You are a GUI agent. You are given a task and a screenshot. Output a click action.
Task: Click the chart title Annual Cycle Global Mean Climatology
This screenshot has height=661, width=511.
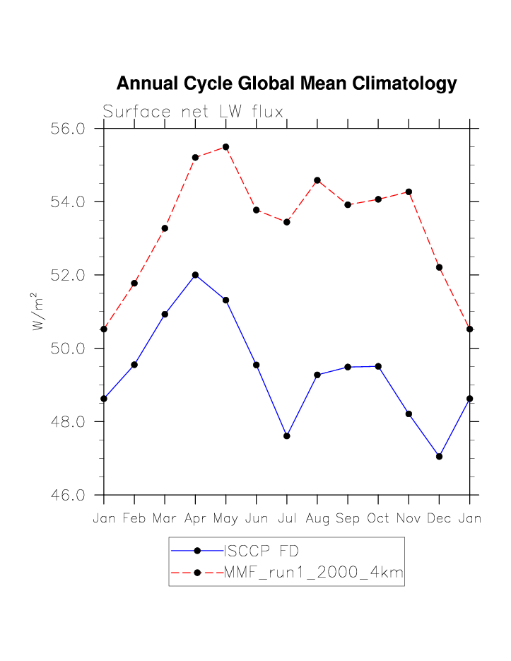click(286, 83)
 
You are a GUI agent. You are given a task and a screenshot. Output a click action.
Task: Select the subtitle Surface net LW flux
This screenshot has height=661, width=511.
click(193, 112)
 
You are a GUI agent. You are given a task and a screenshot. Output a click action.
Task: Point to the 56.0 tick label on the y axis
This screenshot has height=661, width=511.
click(69, 129)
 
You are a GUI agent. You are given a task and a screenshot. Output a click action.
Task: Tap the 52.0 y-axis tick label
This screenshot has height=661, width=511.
click(69, 275)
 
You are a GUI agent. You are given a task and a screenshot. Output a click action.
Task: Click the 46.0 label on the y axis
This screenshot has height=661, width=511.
click(69, 495)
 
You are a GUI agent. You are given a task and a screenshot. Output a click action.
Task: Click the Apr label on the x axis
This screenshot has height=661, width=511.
click(195, 519)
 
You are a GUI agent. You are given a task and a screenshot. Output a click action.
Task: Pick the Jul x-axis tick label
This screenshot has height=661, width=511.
click(287, 519)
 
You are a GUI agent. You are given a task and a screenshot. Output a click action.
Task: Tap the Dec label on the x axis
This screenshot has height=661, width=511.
click(439, 519)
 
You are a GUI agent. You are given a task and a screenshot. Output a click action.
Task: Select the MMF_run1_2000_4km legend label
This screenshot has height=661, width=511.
click(313, 573)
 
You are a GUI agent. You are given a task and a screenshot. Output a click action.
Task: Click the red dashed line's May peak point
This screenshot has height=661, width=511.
click(226, 147)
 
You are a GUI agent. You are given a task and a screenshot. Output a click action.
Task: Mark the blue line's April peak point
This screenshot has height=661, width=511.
click(195, 275)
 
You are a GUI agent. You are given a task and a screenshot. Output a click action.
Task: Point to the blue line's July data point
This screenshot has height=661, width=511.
click(287, 436)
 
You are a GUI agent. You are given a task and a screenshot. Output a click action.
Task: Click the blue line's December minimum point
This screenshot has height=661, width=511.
click(439, 457)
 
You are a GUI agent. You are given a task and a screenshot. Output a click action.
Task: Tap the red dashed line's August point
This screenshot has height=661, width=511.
click(317, 180)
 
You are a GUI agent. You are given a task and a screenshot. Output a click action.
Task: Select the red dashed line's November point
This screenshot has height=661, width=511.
click(409, 192)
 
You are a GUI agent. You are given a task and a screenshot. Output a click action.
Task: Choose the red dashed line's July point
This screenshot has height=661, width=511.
click(287, 222)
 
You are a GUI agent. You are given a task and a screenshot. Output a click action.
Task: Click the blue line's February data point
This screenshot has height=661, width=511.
click(134, 365)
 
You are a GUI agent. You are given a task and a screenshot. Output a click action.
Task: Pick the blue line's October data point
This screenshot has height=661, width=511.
click(378, 366)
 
